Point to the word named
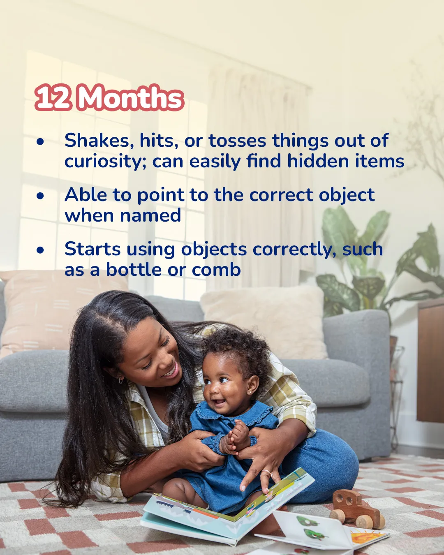[150, 215]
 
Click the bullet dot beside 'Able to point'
[40, 196]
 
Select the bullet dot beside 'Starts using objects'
[40, 250]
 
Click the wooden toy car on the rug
[357, 505]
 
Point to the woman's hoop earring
[120, 380]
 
